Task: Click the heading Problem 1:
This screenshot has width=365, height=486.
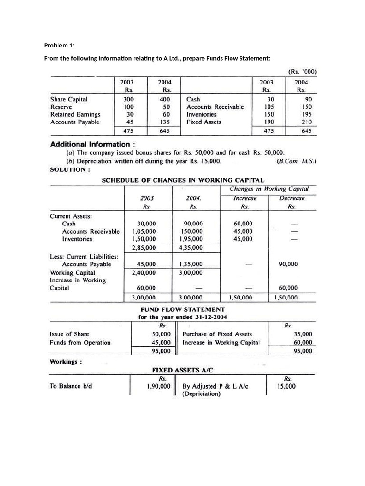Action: [x=59, y=46]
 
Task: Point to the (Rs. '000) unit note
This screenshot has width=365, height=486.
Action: [x=302, y=72]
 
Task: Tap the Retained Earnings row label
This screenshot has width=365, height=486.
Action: [x=75, y=114]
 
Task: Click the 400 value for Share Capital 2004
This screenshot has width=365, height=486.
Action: [x=164, y=100]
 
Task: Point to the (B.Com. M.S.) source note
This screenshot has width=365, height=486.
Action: [x=296, y=161]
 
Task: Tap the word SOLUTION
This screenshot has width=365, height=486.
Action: [x=68, y=169]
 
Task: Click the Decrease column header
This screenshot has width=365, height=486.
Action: [x=292, y=198]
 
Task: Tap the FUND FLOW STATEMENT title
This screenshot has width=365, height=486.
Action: [x=182, y=309]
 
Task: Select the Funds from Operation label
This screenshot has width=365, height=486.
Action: [x=80, y=342]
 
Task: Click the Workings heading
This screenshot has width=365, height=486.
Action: [x=66, y=362]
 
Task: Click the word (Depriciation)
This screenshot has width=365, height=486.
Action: [x=202, y=393]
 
